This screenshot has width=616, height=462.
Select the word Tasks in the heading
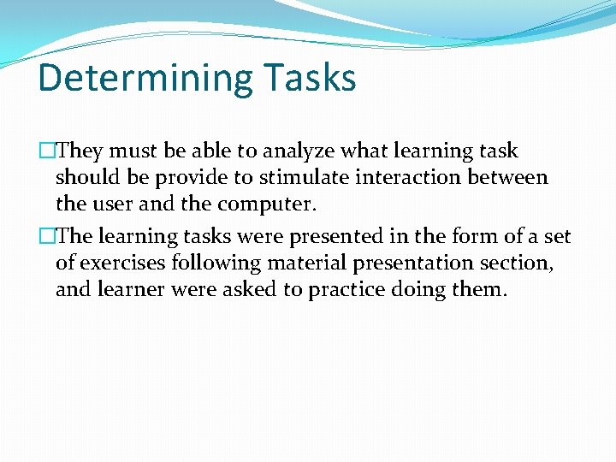pos(310,78)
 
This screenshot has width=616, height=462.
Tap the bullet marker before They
pos(46,151)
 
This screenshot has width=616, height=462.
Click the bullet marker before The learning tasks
pos(46,237)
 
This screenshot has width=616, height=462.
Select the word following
pos(209,264)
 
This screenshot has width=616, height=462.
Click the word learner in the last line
pos(131,290)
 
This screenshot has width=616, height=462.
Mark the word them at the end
pos(479,290)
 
